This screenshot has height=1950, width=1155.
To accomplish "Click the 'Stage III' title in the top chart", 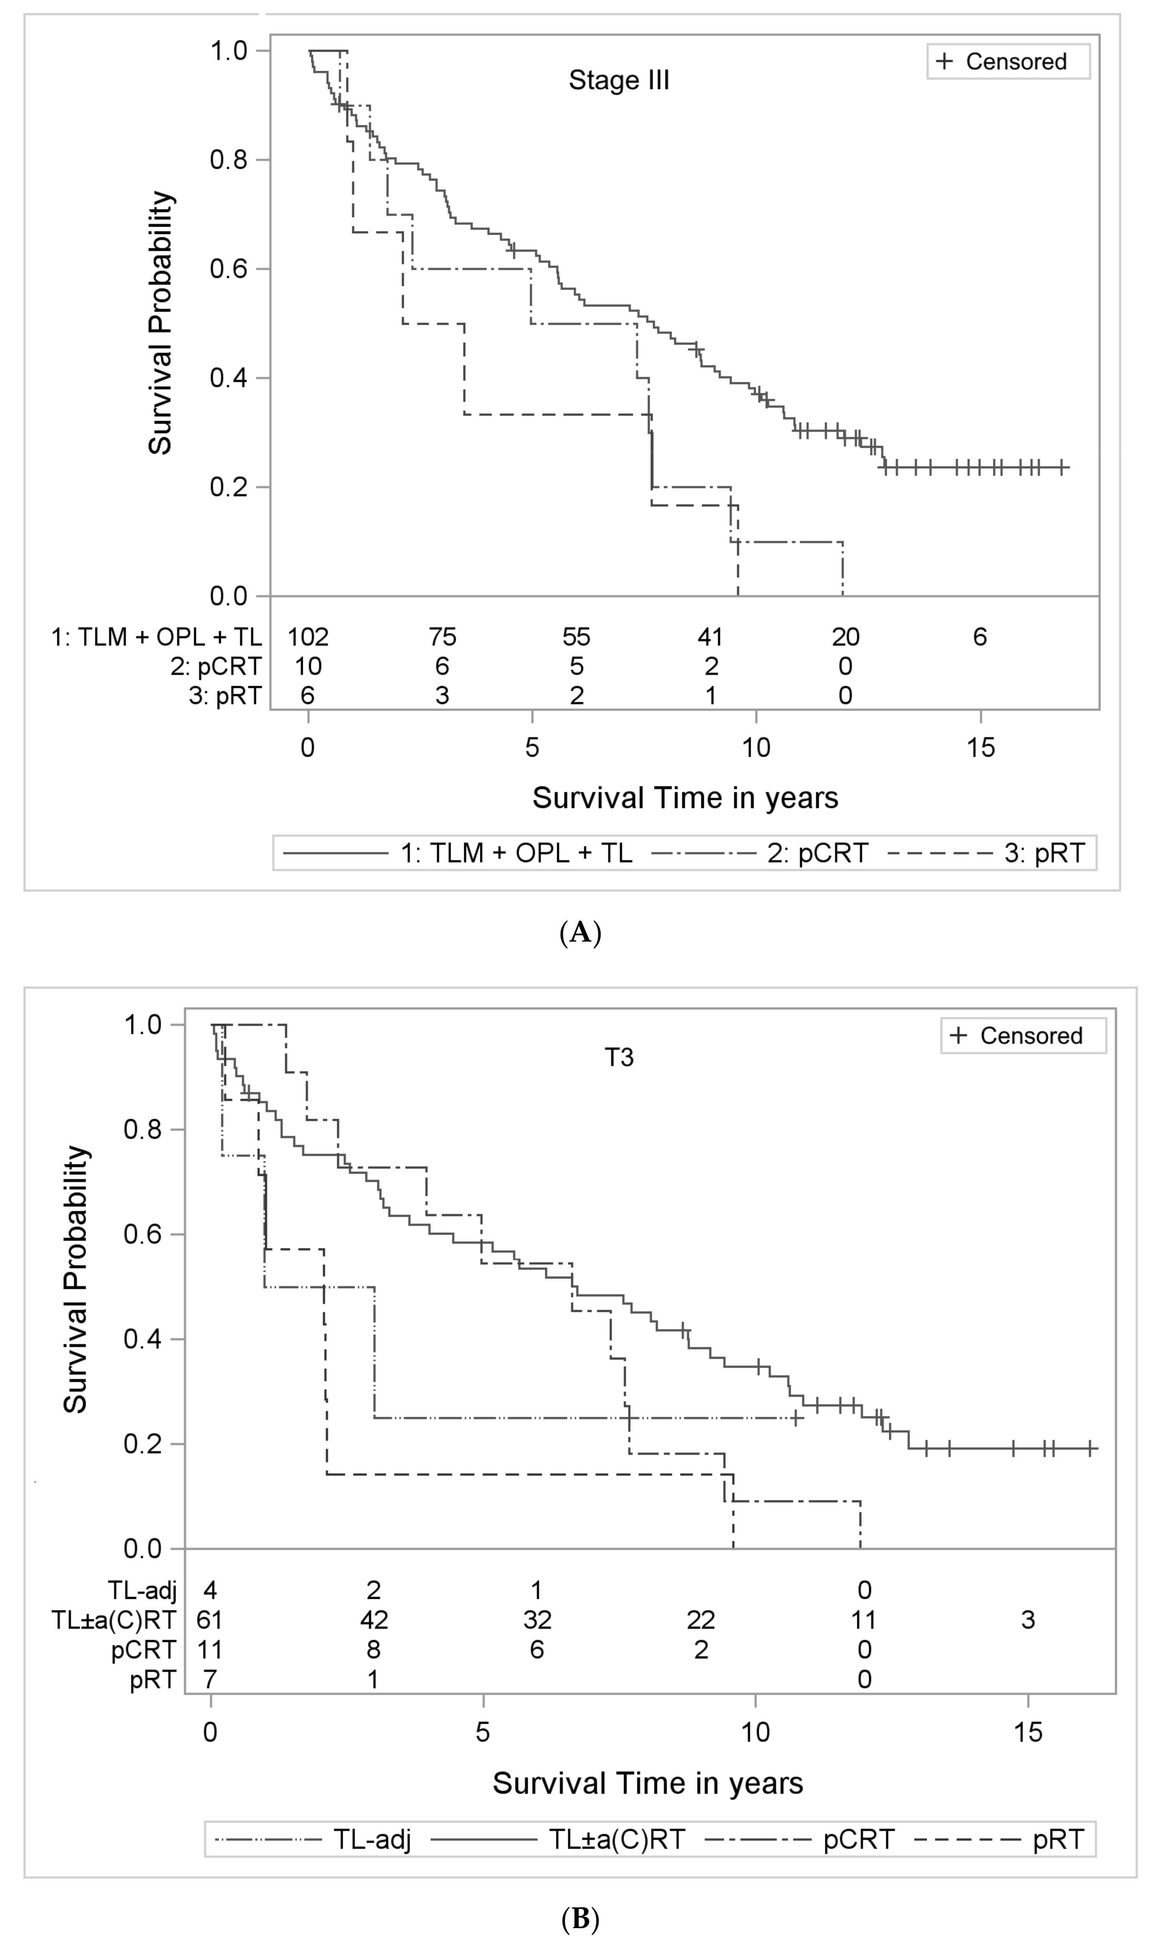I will [619, 80].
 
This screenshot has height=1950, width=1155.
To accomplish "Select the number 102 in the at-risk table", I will [308, 637].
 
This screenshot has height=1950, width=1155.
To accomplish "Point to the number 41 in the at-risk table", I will [710, 637].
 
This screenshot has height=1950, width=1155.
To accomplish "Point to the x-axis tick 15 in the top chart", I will [981, 748].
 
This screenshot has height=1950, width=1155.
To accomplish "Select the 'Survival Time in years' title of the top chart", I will [685, 798].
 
